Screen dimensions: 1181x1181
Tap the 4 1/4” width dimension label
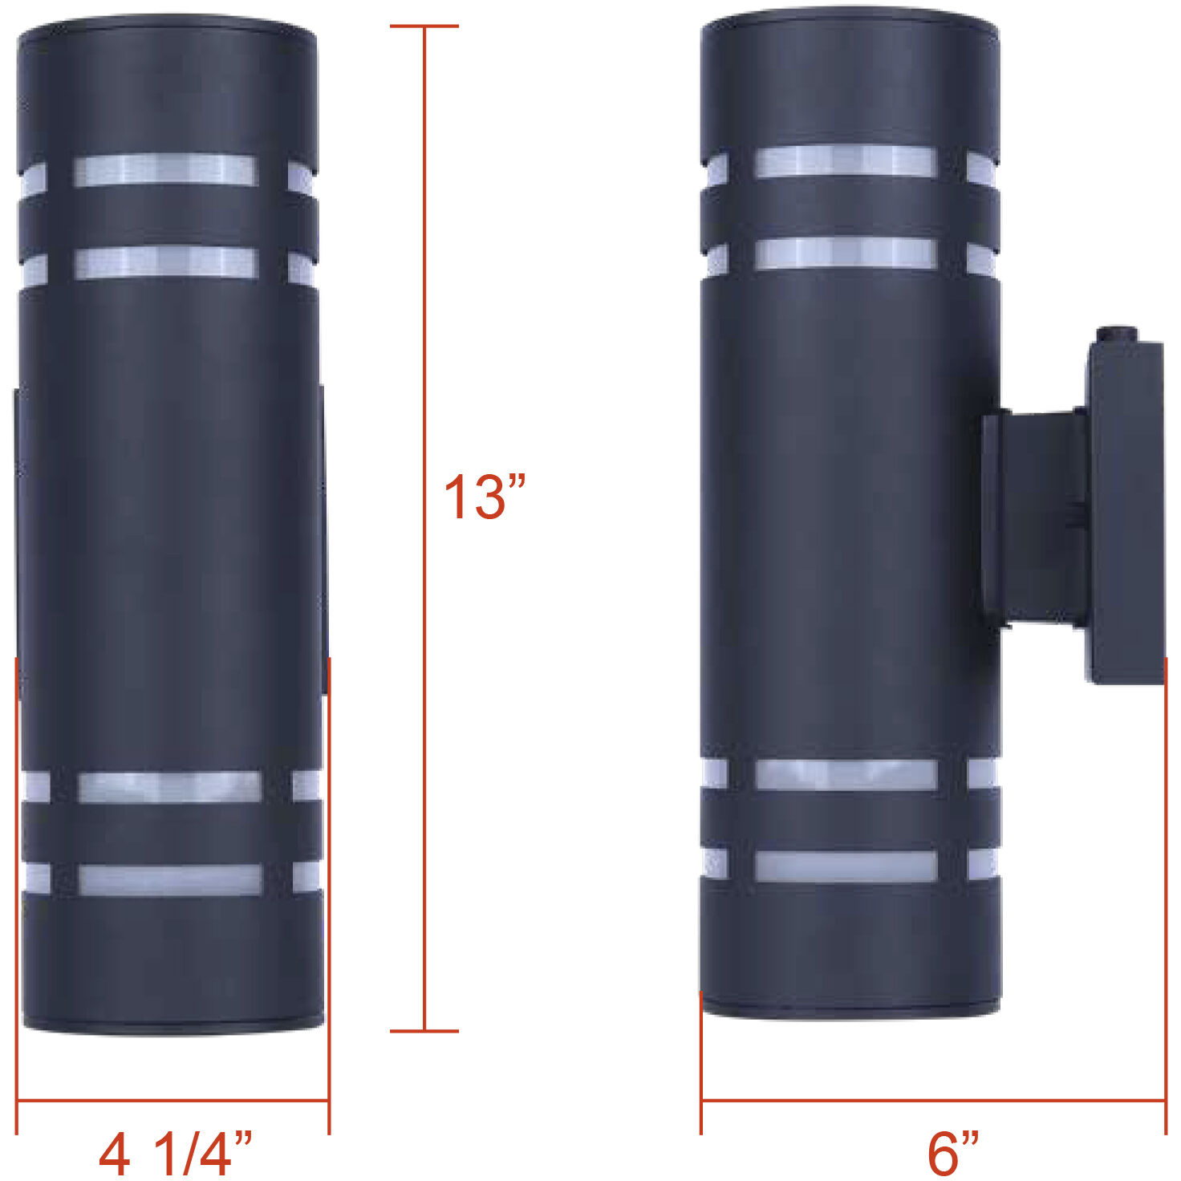[175, 1153]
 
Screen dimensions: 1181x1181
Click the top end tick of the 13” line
[424, 26]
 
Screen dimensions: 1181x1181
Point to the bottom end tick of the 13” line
[424, 1031]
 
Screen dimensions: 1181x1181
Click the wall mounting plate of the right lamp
[1124, 513]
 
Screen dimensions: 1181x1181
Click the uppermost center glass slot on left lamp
[165, 171]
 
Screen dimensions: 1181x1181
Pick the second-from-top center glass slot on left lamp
[165, 263]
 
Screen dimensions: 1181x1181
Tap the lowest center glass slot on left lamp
[170, 879]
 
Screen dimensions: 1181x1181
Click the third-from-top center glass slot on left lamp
[170, 787]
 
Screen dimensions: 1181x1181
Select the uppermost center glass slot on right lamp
[846, 161]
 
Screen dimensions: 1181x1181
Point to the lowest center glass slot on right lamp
[846, 866]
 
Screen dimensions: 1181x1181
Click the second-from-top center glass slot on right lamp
[846, 253]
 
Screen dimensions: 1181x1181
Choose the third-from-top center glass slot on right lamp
[846, 774]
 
